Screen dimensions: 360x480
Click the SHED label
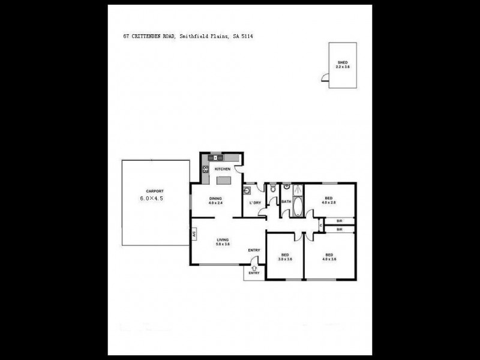coord(343,62)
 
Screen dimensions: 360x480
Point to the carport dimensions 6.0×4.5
coord(151,197)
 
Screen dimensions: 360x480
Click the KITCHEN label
coord(223,169)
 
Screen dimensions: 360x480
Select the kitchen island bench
coord(223,181)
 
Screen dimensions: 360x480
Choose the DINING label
coord(215,198)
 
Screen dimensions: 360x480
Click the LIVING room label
coord(223,240)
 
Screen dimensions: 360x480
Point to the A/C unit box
coord(194,235)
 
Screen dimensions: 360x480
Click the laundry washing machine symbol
coord(247,191)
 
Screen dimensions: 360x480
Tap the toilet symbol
coord(273,188)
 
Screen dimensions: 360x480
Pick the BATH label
coord(286,202)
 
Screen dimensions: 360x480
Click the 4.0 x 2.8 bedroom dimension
coord(329,203)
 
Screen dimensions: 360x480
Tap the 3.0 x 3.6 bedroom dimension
coord(286,259)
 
